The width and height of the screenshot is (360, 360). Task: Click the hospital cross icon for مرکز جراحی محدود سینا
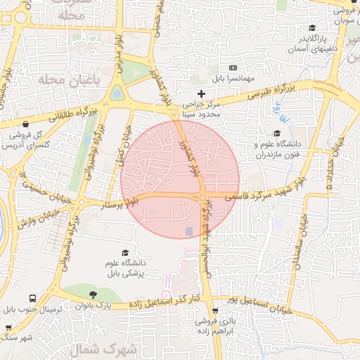[x=202, y=93]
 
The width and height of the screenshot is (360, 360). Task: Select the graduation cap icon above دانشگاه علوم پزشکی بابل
[x=126, y=252]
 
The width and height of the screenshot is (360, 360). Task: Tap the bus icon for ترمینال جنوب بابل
[x=53, y=297]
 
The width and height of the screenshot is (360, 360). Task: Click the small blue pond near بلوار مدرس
[x=117, y=92]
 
